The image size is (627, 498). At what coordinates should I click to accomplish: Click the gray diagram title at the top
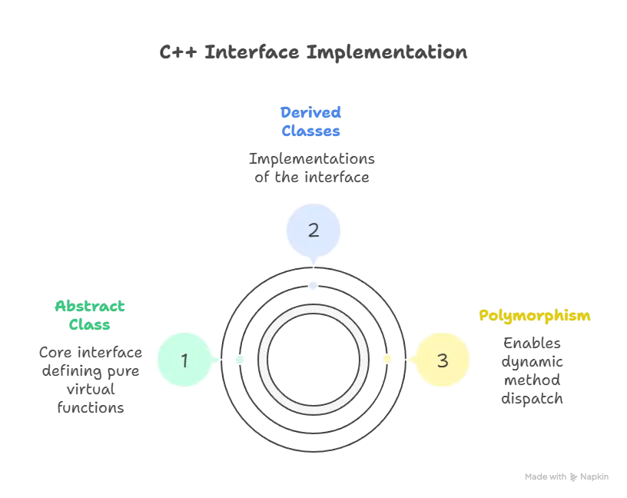click(313, 53)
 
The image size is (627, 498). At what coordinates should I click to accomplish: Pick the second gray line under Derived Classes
click(313, 178)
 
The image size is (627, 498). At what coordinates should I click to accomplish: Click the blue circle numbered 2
click(313, 229)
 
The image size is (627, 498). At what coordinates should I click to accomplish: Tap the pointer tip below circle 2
click(313, 264)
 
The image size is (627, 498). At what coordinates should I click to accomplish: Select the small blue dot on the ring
click(313, 285)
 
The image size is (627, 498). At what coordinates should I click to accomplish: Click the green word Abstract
click(89, 306)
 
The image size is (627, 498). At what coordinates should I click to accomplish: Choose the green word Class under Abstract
click(89, 324)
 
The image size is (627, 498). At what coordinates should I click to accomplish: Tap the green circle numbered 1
click(184, 360)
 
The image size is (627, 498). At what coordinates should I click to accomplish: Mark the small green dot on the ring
click(239, 360)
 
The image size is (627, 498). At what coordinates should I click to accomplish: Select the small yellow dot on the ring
click(386, 360)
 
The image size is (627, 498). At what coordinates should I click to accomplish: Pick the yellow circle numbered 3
click(442, 360)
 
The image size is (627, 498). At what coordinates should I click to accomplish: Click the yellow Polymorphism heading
click(536, 315)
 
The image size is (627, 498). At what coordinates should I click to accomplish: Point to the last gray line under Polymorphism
click(532, 400)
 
